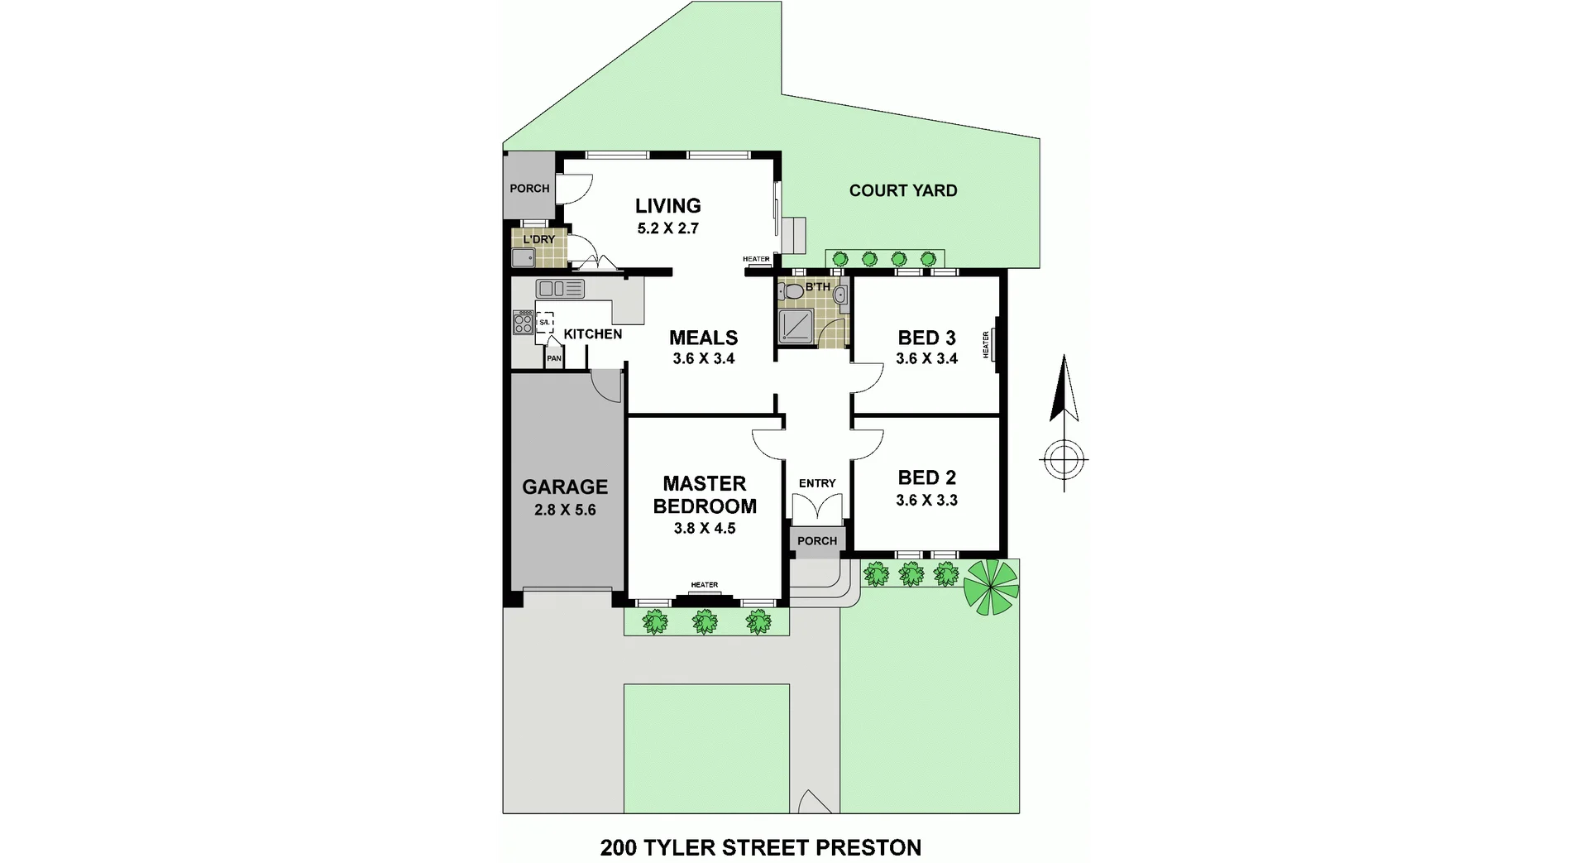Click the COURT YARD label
click(902, 190)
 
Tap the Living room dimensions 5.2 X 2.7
click(667, 228)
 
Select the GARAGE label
click(565, 487)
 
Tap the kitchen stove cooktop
click(523, 322)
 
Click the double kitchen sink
click(560, 289)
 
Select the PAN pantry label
click(553, 358)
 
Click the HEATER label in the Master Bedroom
click(705, 585)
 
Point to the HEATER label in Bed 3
click(986, 344)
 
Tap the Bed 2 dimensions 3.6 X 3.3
click(926, 500)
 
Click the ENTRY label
click(817, 483)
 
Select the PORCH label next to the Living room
click(529, 188)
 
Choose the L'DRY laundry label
click(538, 239)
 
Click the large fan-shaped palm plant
click(990, 587)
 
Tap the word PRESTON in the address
click(868, 847)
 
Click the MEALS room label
click(703, 338)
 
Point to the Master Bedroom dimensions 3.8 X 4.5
click(704, 528)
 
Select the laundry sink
click(523, 257)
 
